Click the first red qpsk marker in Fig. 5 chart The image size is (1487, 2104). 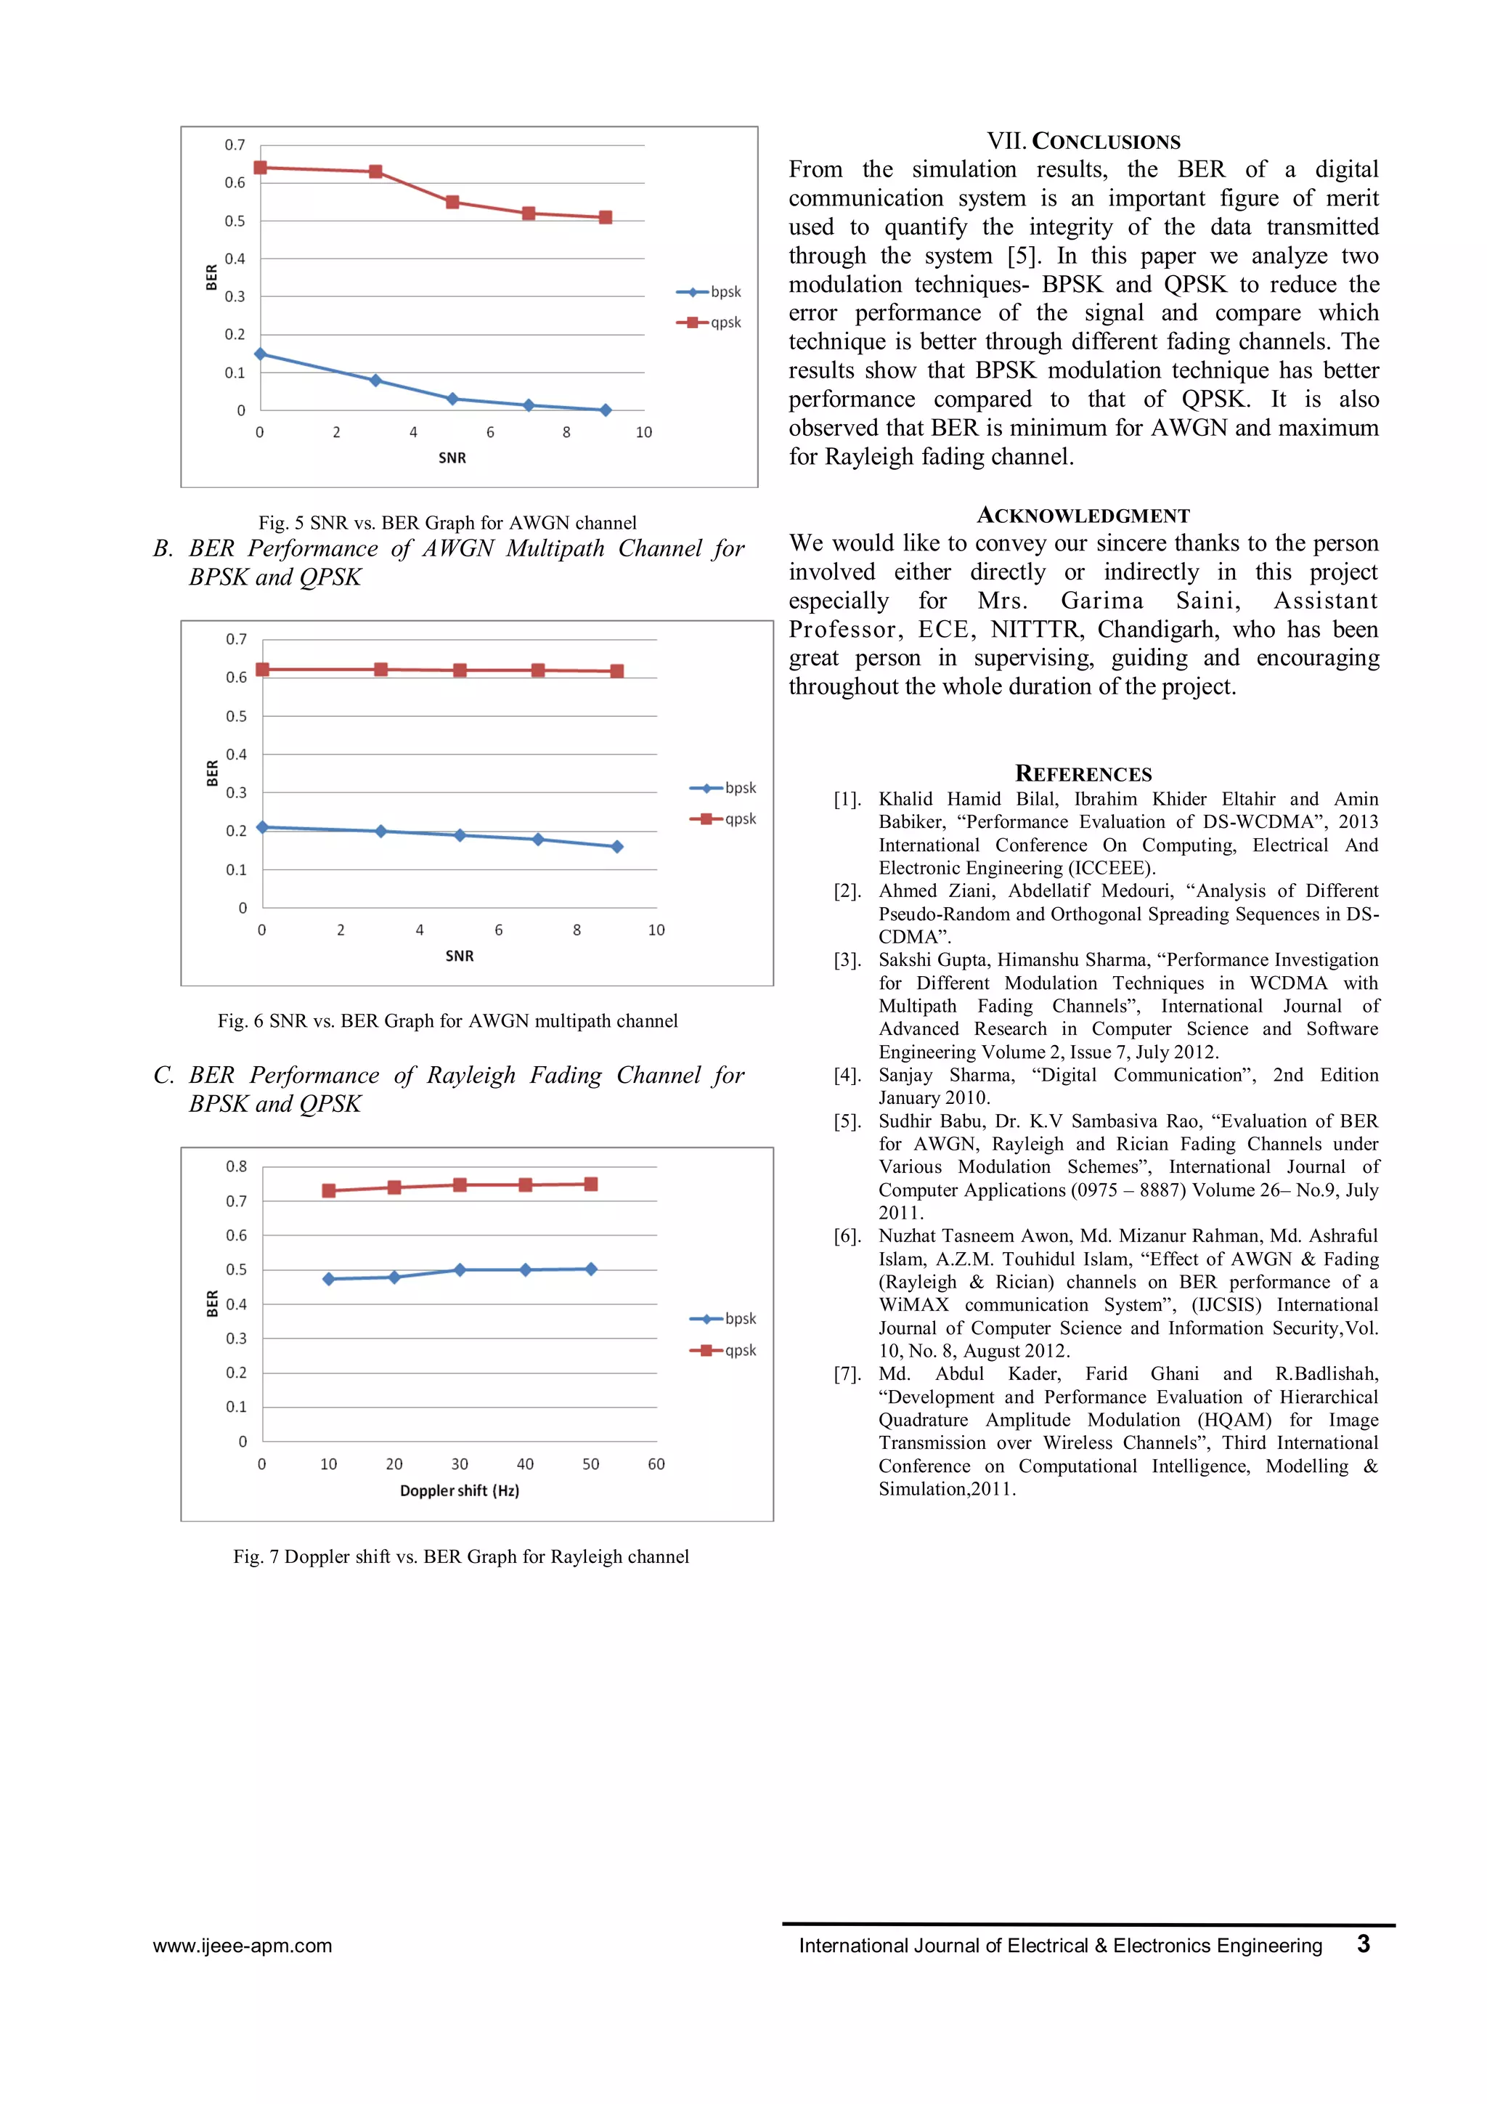tap(260, 168)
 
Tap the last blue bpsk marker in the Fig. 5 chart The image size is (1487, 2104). tap(606, 410)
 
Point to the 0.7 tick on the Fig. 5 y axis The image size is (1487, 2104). tap(235, 145)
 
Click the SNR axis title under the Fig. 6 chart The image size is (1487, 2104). tap(459, 956)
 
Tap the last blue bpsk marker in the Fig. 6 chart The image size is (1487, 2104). tap(616, 847)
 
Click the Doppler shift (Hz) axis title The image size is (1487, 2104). tap(459, 1491)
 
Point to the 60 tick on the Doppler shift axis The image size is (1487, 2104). tap(656, 1464)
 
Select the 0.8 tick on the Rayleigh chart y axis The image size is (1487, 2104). tap(237, 1166)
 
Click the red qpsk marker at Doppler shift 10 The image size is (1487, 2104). tap(329, 1190)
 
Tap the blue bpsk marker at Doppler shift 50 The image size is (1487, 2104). tap(591, 1270)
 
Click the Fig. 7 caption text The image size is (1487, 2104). tap(461, 1557)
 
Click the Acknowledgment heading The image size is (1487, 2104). tap(1083, 516)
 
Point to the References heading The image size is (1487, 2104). tap(1083, 774)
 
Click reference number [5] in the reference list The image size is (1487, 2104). tap(847, 1121)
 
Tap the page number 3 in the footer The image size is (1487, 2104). tap(1364, 1943)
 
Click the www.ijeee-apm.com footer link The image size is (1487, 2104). tap(243, 1946)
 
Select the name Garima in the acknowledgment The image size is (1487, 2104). tap(1102, 601)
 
